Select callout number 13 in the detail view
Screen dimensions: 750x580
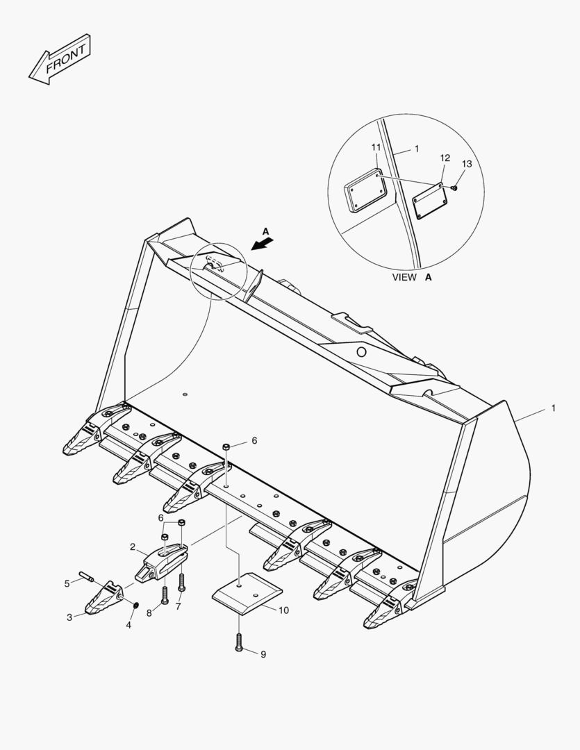pyautogui.click(x=466, y=164)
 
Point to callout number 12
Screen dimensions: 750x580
pyautogui.click(x=445, y=158)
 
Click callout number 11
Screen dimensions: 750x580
pyautogui.click(x=375, y=148)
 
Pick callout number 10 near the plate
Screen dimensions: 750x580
pyautogui.click(x=283, y=610)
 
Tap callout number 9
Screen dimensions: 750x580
pyautogui.click(x=263, y=654)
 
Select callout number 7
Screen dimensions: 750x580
pyautogui.click(x=178, y=606)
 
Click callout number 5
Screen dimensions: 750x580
pyautogui.click(x=67, y=583)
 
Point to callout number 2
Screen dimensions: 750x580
pyautogui.click(x=132, y=547)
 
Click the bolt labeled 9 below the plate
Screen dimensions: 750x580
pyautogui.click(x=239, y=642)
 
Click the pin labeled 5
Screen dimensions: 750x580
pyautogui.click(x=87, y=575)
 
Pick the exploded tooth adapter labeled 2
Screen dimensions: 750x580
pyautogui.click(x=162, y=560)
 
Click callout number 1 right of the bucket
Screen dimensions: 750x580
pyautogui.click(x=553, y=408)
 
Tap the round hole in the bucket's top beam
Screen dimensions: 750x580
pyautogui.click(x=361, y=353)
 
